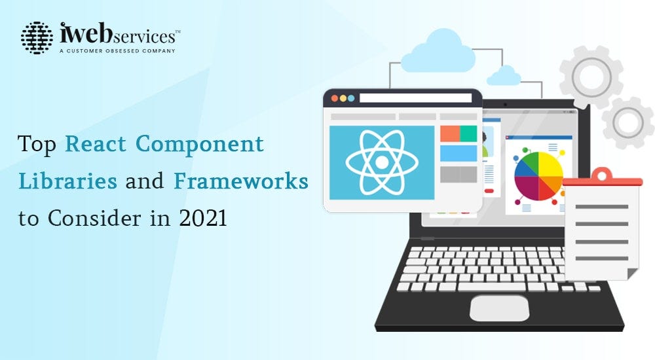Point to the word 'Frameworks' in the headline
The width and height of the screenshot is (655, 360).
coord(240,181)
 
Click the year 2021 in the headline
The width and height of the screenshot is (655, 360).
coord(203,218)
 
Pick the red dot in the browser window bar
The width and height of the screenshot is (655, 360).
coord(334,98)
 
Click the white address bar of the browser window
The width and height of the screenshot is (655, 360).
coord(415,98)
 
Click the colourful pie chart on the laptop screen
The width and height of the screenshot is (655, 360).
coord(538,175)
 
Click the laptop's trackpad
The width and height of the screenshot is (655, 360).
coord(499,308)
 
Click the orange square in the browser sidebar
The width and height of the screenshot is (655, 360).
coord(449,134)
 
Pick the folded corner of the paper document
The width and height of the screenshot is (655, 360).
coord(631,272)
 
